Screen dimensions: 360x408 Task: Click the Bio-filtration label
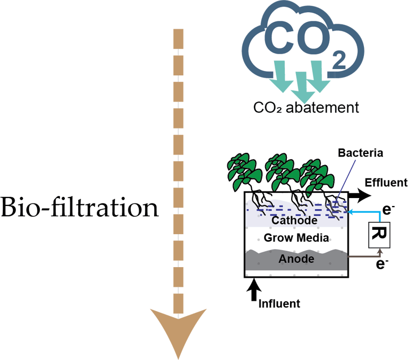(80, 207)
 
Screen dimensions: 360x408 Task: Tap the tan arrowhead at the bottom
(178, 333)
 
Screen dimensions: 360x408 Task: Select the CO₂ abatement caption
(304, 108)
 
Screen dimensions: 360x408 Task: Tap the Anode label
(296, 259)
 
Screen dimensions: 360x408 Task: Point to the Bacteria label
(361, 153)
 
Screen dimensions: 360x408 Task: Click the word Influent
(279, 304)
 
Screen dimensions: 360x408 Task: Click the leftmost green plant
(244, 170)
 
